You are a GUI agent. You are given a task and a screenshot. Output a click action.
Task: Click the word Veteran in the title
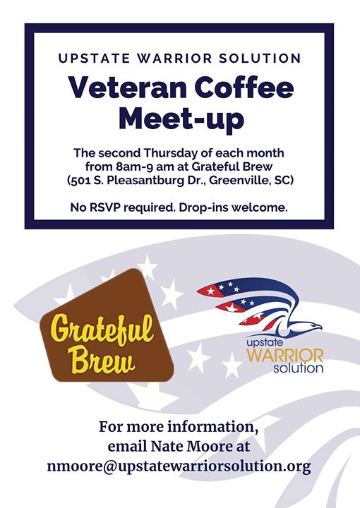point(124,87)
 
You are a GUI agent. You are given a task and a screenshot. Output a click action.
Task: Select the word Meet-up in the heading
point(181,120)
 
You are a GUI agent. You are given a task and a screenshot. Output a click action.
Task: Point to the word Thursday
point(171,153)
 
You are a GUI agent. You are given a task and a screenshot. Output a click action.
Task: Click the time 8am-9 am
point(145,167)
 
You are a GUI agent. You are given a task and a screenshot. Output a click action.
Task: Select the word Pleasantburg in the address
point(145,181)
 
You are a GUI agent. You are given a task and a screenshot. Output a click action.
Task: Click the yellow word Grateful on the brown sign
point(103,329)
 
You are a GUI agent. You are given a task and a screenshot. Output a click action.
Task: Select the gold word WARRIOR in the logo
point(285,356)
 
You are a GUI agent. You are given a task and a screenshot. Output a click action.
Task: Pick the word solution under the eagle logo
point(298,369)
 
